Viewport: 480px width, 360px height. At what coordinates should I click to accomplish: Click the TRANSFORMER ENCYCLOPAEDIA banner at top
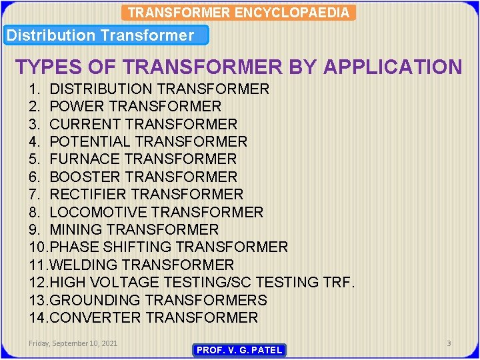tap(239, 13)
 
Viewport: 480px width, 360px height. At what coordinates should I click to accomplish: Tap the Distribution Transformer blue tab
tap(107, 35)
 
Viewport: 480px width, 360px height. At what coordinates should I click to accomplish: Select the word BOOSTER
tap(85, 177)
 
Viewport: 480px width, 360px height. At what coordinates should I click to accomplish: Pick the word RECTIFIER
tap(88, 194)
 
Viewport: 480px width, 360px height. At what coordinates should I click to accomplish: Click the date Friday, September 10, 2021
tap(73, 343)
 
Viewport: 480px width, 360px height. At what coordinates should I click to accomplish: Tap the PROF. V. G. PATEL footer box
tap(239, 350)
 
